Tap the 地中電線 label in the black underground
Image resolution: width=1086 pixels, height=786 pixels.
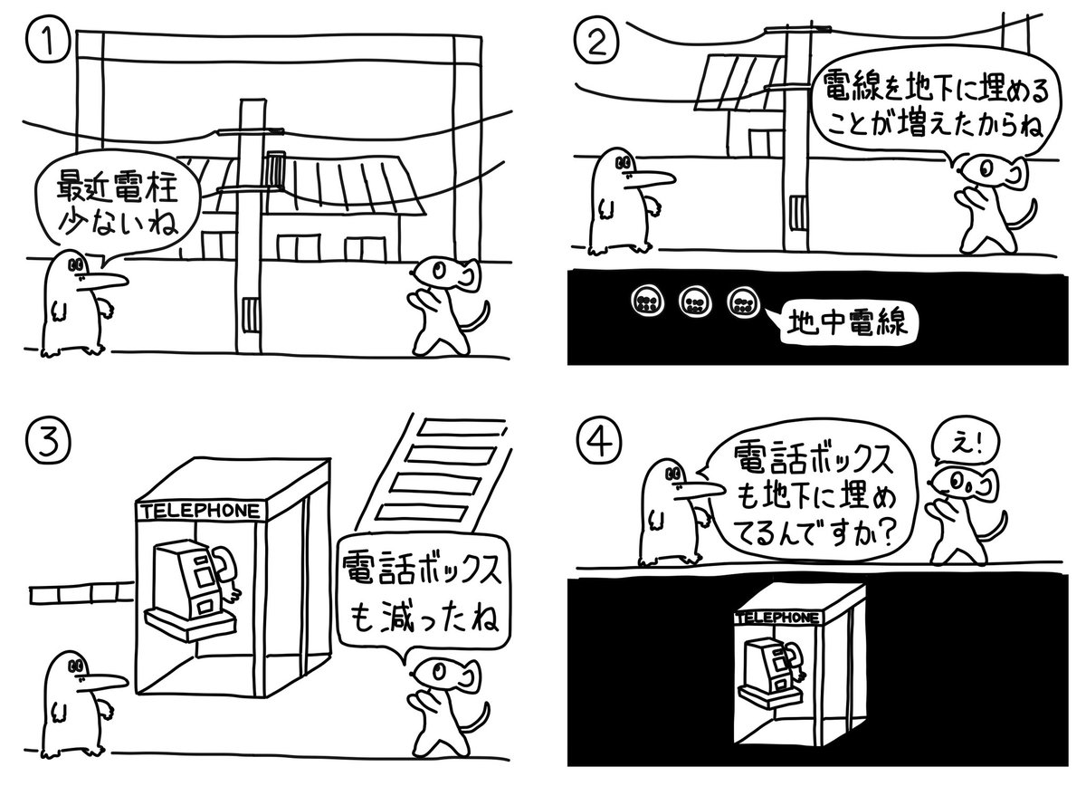click(x=842, y=321)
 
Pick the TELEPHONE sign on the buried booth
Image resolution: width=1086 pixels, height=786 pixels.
click(x=778, y=617)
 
